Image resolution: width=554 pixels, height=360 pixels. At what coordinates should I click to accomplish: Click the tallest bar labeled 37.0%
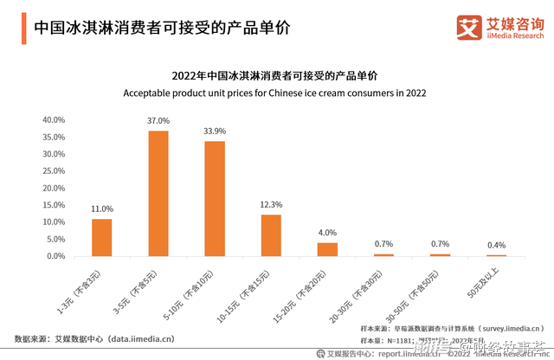point(158,193)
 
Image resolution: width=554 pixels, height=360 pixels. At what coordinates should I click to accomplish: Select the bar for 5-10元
point(215,198)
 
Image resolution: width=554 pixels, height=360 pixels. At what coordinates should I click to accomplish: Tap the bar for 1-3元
point(102,237)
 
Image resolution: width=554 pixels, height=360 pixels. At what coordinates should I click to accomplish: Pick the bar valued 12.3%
point(271,235)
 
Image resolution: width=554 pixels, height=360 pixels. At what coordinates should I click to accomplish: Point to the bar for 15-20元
point(327,249)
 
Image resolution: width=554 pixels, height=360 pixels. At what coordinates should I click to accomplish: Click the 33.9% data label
point(215,132)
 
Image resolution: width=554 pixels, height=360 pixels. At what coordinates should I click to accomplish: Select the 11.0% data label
point(102,209)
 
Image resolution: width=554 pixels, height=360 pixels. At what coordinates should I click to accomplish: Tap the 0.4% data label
point(496,245)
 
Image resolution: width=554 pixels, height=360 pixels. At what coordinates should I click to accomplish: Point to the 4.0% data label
point(327,233)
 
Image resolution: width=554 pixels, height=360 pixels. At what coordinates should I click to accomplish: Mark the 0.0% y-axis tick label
point(55,256)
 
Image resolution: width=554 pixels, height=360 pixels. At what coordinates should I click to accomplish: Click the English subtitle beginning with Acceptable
point(276,92)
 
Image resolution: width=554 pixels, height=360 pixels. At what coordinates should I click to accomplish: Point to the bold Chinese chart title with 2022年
point(276,74)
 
